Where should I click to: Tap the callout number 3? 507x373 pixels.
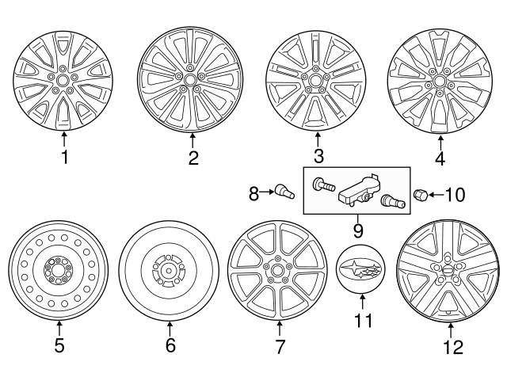(x=318, y=156)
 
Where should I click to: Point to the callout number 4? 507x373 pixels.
(x=440, y=158)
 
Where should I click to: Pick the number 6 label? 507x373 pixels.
(x=170, y=345)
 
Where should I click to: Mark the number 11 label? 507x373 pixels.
(x=360, y=321)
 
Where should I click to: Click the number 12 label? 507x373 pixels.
(x=451, y=346)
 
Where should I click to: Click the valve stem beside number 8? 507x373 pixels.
(x=283, y=191)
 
